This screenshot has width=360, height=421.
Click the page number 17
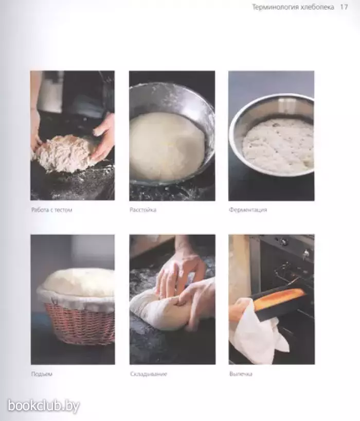click(344, 7)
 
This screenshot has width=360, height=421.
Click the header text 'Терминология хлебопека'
click(293, 7)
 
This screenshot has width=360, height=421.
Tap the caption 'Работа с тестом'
click(52, 210)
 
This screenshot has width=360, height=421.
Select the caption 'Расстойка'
click(143, 210)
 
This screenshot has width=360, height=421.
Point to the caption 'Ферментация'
click(248, 210)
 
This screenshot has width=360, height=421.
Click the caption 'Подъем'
click(42, 374)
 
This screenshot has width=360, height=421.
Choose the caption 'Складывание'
click(149, 374)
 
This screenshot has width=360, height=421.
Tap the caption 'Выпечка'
click(241, 374)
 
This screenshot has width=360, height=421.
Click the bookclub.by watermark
click(44, 406)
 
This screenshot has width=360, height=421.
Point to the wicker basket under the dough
click(80, 324)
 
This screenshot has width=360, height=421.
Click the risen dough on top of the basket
click(79, 282)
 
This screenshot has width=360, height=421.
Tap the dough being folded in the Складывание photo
click(161, 309)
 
